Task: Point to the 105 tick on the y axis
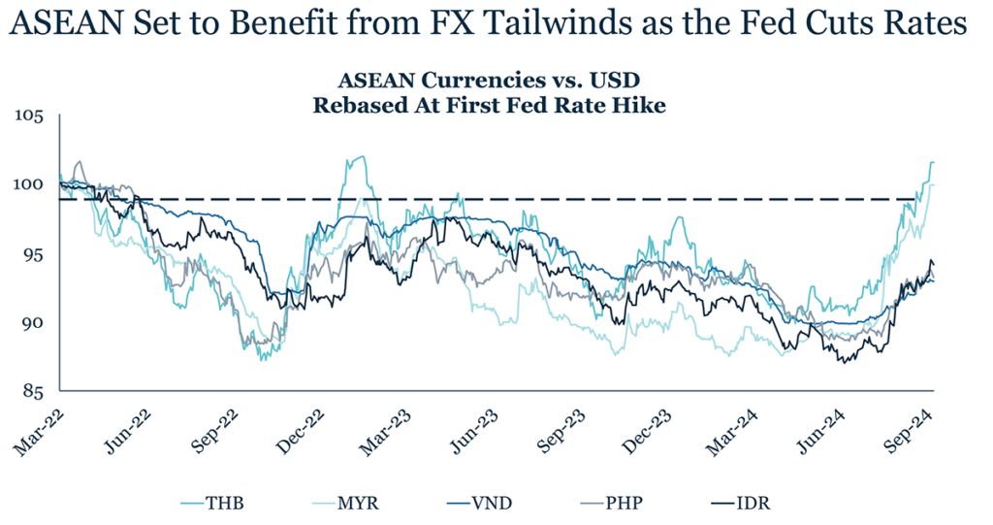tap(30, 117)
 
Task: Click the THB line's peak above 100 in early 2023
tap(361, 156)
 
